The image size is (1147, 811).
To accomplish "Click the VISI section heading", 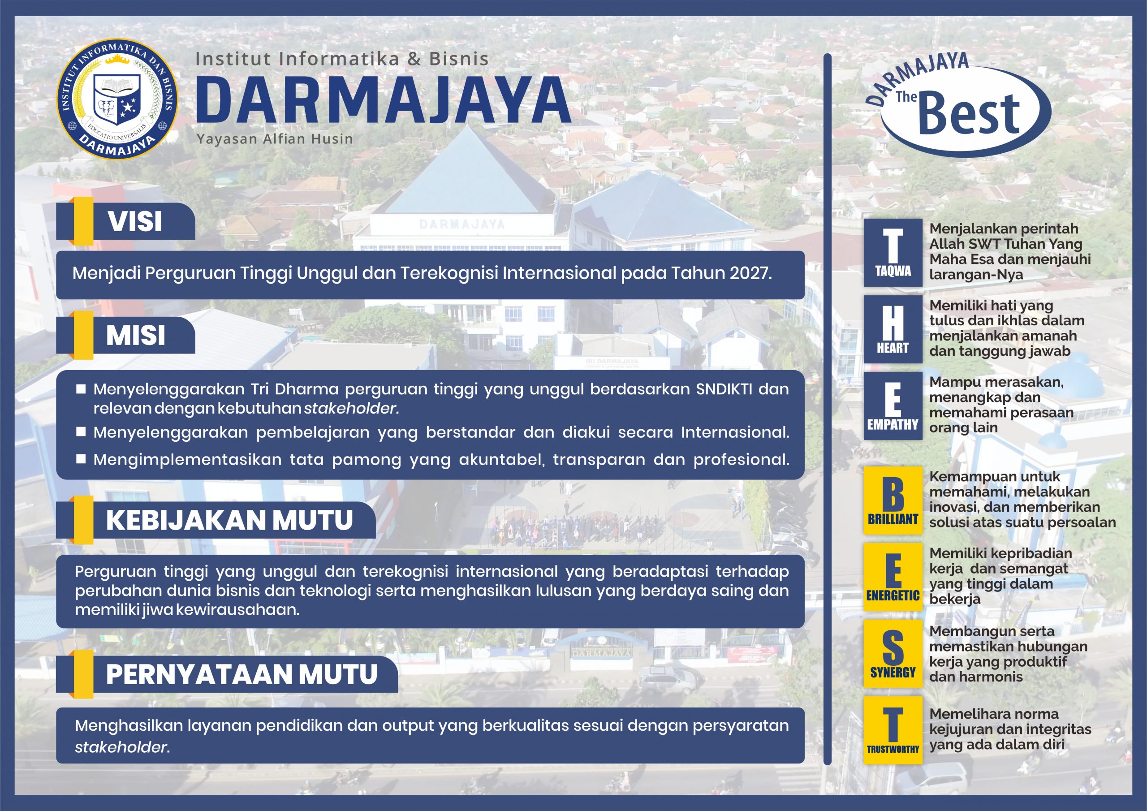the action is click(135, 221).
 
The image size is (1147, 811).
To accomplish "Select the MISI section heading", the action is click(135, 335).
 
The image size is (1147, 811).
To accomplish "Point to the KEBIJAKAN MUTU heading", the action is click(229, 520).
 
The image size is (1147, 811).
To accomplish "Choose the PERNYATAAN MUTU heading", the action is click(241, 673).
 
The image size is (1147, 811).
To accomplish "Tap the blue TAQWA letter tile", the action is click(893, 252).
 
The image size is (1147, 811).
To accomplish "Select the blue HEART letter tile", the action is click(893, 329).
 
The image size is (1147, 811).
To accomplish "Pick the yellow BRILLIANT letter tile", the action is click(893, 500).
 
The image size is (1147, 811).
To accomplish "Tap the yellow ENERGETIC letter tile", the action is click(893, 577).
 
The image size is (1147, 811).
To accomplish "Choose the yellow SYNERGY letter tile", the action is click(893, 653).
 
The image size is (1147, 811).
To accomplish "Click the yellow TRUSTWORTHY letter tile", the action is click(893, 730).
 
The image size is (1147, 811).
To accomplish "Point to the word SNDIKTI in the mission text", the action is click(724, 389).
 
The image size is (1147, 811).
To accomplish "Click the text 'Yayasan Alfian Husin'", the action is click(275, 139).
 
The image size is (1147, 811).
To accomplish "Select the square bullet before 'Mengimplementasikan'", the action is click(81, 458).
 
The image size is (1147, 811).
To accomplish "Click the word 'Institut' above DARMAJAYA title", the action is click(233, 59).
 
